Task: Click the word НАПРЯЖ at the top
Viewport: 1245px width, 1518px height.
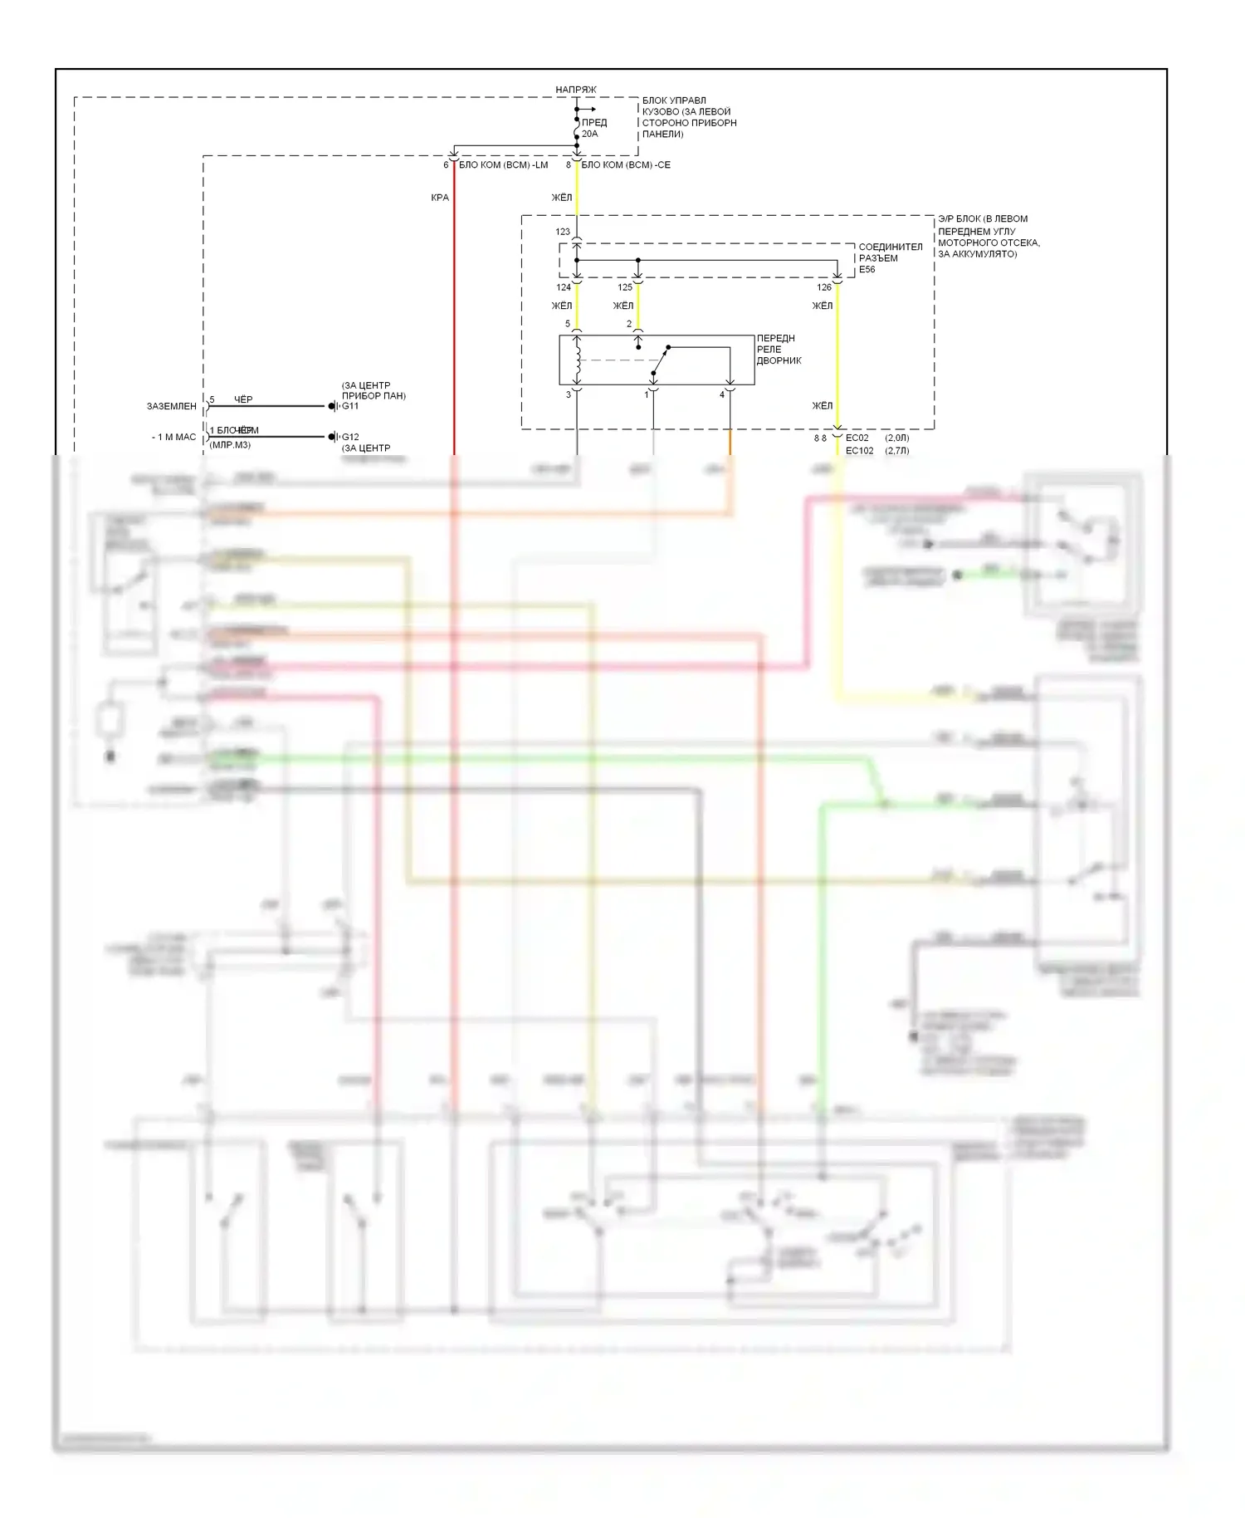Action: click(575, 90)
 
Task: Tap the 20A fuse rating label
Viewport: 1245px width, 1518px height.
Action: click(589, 134)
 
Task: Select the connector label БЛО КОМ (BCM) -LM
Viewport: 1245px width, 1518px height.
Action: click(503, 165)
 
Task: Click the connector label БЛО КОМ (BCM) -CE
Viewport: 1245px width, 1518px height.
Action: click(626, 165)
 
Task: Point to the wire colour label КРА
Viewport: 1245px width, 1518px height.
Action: click(440, 198)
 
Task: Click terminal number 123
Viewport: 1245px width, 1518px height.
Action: click(563, 232)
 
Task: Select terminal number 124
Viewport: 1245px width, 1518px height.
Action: click(564, 287)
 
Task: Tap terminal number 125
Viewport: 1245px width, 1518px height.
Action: click(625, 287)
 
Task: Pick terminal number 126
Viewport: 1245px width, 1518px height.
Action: click(824, 287)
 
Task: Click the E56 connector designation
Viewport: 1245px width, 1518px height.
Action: click(867, 270)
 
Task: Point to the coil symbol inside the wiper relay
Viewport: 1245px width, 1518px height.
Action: click(577, 353)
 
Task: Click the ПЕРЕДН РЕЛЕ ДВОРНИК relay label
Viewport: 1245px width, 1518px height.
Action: click(778, 350)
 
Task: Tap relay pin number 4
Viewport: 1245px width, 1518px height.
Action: click(722, 395)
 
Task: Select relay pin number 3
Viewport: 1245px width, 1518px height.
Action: click(569, 395)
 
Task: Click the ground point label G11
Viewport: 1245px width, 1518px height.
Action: click(350, 406)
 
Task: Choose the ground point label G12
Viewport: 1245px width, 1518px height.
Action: click(350, 437)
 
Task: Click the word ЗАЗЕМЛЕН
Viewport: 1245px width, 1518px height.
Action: click(172, 407)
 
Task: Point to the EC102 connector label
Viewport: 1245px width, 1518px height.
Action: click(859, 451)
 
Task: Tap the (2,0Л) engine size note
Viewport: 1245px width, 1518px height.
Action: click(896, 438)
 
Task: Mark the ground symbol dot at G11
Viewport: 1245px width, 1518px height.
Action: click(331, 406)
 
